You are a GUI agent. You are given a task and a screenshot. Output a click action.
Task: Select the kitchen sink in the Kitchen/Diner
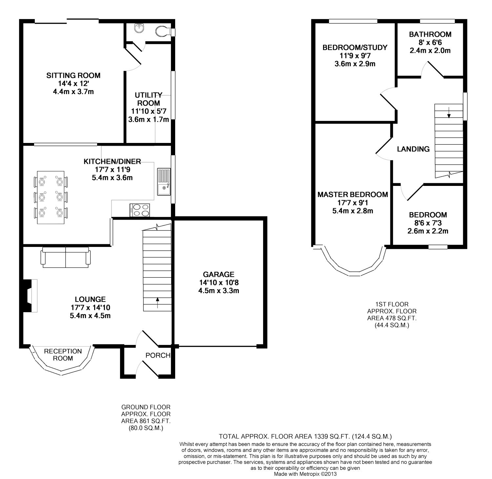coord(164,182)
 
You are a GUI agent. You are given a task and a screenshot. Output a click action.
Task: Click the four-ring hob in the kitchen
coord(140,210)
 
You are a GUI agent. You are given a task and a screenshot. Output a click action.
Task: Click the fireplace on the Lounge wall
coord(30,295)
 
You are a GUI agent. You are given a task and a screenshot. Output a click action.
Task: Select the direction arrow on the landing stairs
coord(449,112)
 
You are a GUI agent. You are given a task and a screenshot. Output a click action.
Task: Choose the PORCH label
coord(158,355)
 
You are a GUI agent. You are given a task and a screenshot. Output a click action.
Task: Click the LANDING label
coord(413,149)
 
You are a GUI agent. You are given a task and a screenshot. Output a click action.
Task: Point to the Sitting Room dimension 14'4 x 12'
coord(73,84)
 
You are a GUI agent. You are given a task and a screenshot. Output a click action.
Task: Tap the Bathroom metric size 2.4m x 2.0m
coord(430,50)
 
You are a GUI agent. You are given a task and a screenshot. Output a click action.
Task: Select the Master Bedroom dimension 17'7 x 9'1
coord(353,203)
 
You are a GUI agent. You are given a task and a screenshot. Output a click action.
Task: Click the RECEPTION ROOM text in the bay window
coord(63,355)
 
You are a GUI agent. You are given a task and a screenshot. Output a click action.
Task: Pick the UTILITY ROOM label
coord(149,99)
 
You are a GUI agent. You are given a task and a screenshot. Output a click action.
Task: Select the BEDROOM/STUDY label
coord(355,48)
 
